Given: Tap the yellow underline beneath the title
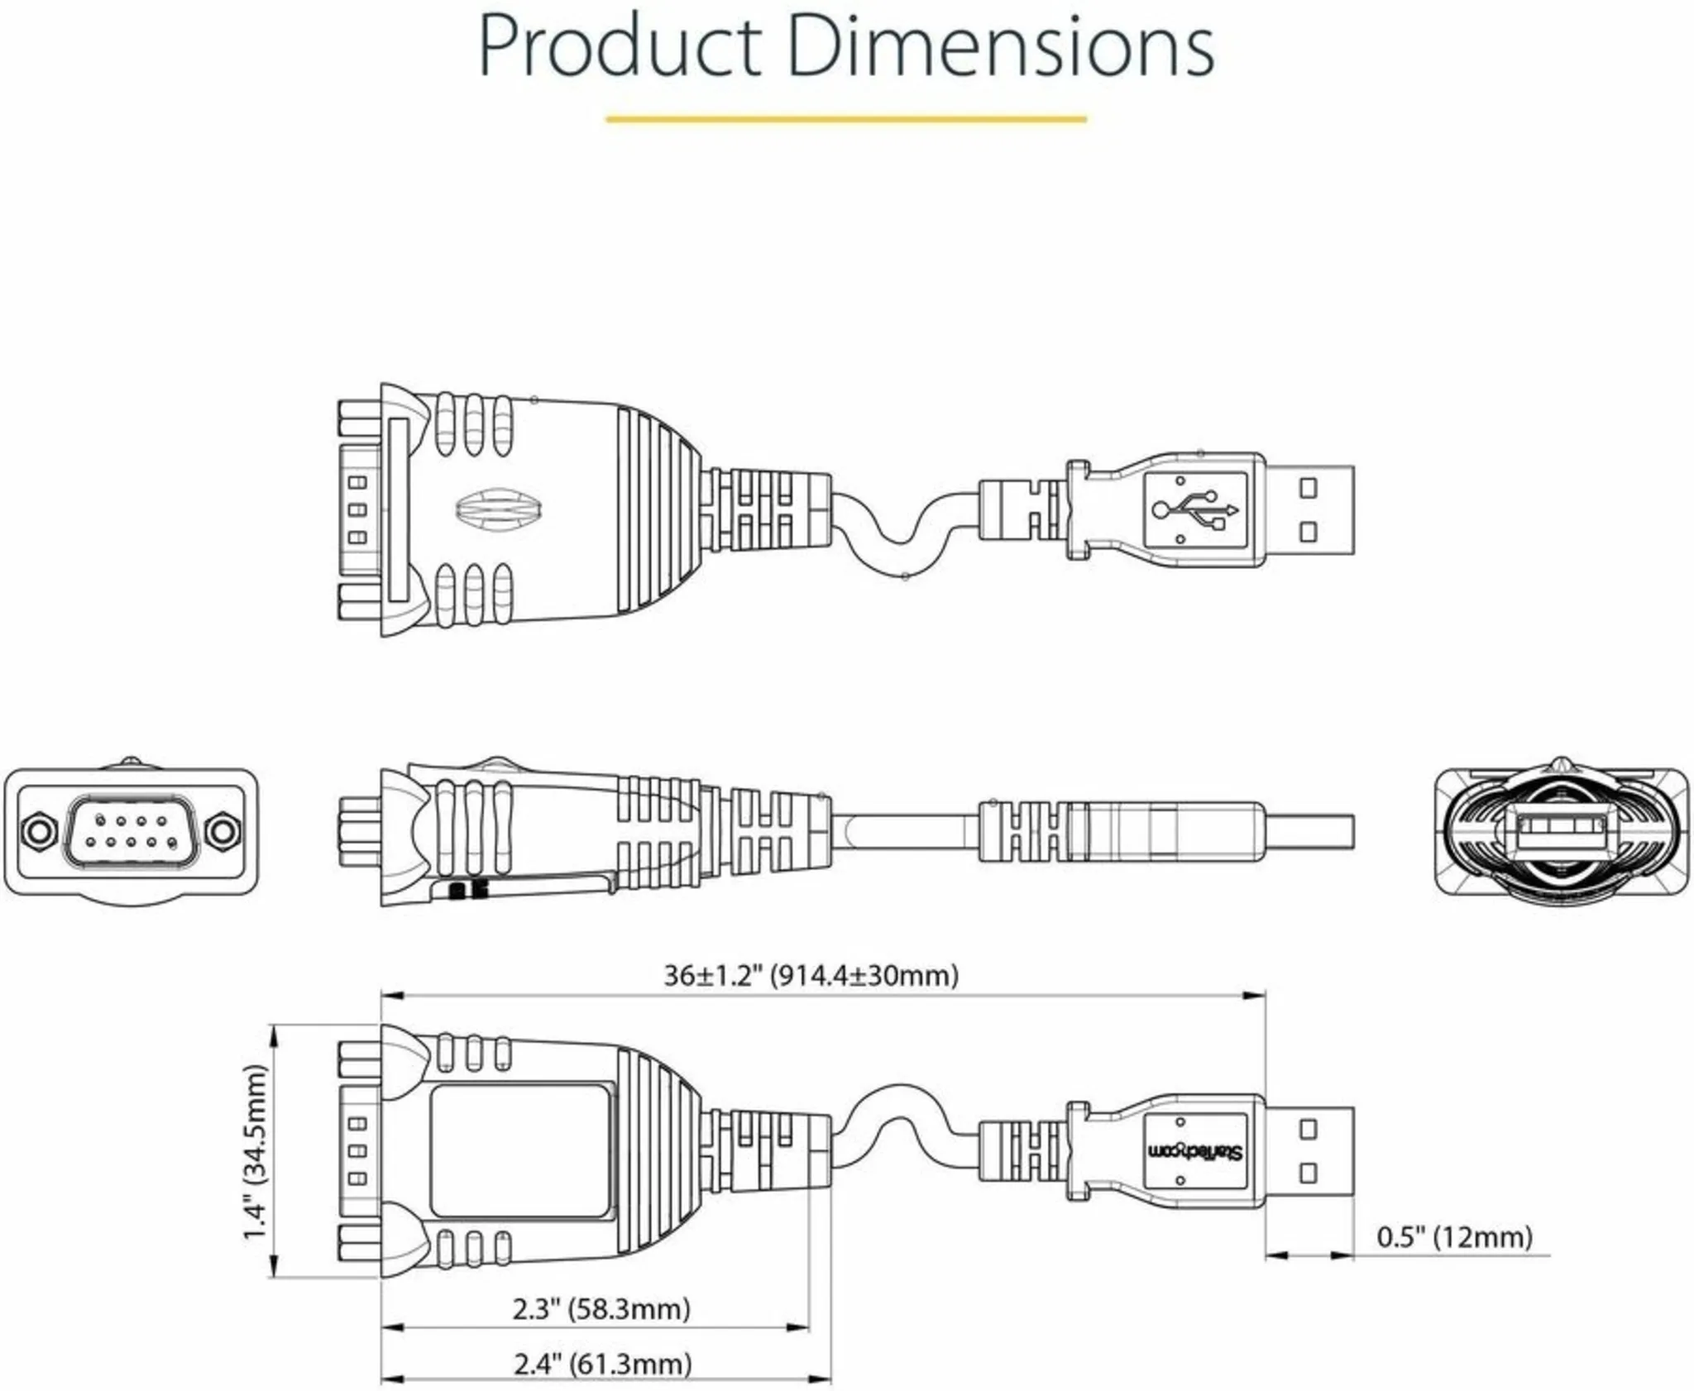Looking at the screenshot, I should (x=845, y=119).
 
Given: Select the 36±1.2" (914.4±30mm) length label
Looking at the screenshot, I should (x=811, y=976).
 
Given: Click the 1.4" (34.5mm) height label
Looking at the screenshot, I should (x=256, y=1152).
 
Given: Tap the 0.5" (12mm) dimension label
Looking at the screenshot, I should (x=1454, y=1237).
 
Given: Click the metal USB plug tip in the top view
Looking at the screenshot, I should (x=1310, y=509).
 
